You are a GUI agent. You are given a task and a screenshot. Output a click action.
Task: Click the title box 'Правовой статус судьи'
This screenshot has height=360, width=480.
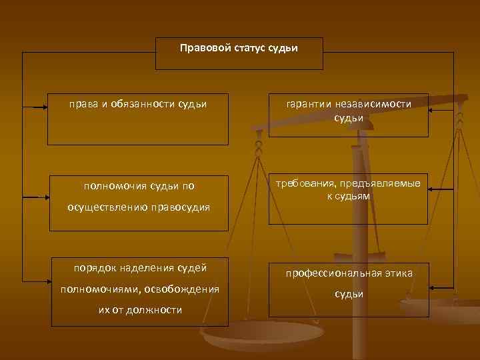pos(239,53)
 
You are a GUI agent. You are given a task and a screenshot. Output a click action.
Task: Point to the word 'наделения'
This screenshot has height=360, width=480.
pos(151,268)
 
